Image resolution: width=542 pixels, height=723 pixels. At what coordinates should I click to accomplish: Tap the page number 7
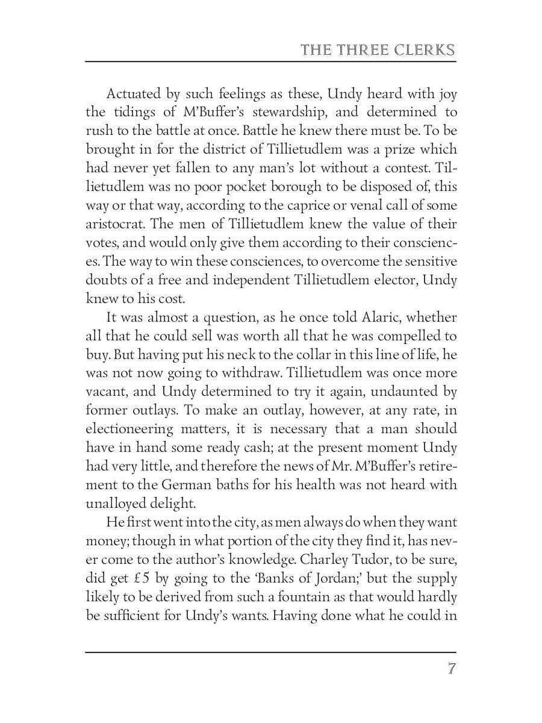pos(451,669)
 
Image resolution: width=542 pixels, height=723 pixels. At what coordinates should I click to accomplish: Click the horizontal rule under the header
pos(271,61)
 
